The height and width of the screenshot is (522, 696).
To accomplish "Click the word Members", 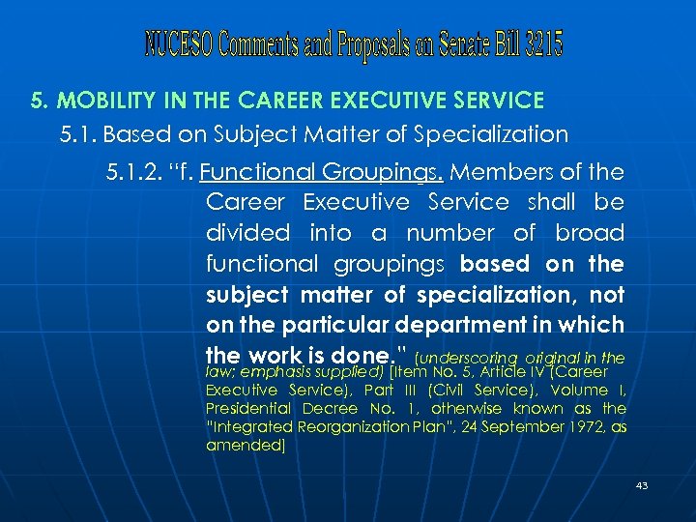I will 498,172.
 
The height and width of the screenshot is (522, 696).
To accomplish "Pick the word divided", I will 247,233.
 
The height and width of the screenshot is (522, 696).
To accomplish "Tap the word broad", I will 590,233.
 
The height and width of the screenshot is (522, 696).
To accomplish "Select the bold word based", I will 495,264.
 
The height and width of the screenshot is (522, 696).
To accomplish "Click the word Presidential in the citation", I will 250,409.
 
